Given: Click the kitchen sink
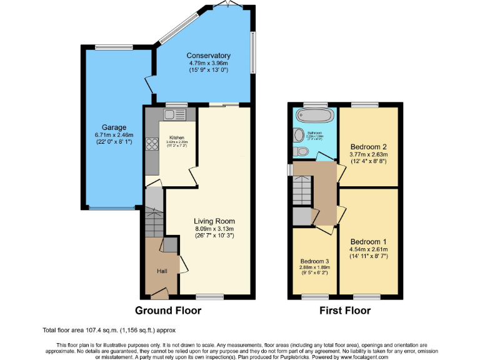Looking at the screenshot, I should (x=170, y=115).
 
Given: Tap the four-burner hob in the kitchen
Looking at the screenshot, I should (x=152, y=146).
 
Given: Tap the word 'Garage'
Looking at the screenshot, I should (x=111, y=127).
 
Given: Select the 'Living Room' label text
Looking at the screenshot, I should (x=214, y=221).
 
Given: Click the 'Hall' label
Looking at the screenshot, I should (x=162, y=271).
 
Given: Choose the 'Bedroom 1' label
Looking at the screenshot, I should (x=368, y=242).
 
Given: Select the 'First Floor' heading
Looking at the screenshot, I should (x=344, y=311).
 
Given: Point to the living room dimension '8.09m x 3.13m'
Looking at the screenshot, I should (x=214, y=229).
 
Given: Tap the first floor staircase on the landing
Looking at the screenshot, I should (x=302, y=187).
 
